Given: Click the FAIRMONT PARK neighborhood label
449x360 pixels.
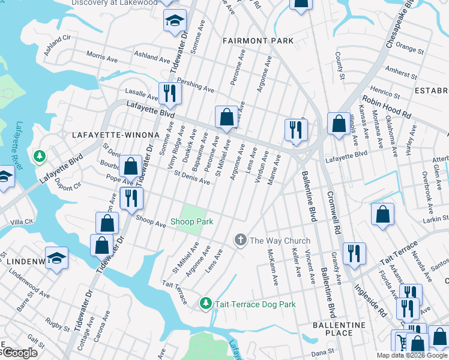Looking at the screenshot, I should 258,41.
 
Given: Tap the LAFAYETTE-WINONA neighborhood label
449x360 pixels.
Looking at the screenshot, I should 115,136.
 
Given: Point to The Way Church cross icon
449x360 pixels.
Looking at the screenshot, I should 240,241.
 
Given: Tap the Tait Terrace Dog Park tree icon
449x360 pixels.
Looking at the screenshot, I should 205,304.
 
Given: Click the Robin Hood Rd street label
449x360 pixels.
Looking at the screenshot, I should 387,106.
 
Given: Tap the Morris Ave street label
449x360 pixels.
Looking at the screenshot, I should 102,56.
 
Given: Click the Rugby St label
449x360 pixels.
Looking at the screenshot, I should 58,325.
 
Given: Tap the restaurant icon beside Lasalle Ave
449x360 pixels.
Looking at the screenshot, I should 169,94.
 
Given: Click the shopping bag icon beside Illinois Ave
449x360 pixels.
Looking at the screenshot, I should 338,124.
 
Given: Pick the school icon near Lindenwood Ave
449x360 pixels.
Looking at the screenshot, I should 56,258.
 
